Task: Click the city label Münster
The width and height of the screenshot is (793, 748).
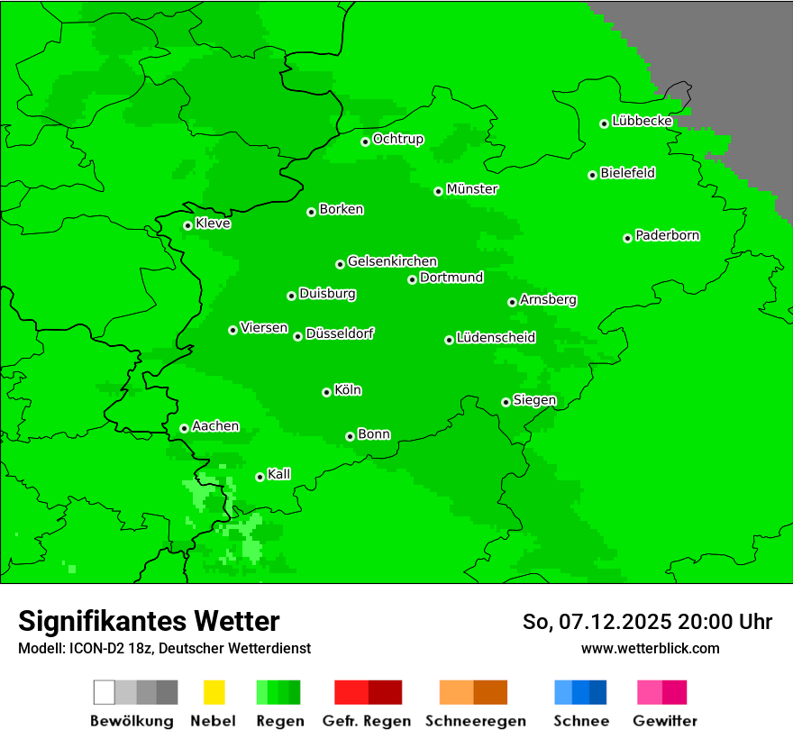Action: tap(472, 189)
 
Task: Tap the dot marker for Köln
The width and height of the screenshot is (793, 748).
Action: tap(326, 392)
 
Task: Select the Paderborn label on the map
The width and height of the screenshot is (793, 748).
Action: tap(668, 235)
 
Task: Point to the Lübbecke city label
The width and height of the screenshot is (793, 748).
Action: tap(643, 121)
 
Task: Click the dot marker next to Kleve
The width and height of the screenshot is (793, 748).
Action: tap(187, 225)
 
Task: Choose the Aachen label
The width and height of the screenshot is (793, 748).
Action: tap(215, 426)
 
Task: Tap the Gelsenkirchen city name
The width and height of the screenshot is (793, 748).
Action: tap(392, 261)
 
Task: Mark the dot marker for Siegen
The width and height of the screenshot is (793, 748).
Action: tap(506, 402)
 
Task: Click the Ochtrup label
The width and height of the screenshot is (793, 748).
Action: tap(398, 139)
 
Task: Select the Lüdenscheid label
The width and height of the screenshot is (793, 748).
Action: tap(496, 338)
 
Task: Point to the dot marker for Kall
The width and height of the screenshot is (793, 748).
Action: tap(260, 477)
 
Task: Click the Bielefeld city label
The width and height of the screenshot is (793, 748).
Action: tap(628, 173)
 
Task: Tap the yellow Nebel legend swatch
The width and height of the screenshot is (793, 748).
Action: tap(214, 692)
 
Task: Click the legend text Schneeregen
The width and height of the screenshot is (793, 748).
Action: tap(475, 721)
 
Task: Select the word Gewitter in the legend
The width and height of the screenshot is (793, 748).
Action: tap(665, 721)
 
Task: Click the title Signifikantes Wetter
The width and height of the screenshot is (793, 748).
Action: tap(149, 621)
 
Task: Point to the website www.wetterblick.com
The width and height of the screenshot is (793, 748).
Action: tap(650, 648)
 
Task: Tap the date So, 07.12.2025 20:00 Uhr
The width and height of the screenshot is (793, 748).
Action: tap(647, 622)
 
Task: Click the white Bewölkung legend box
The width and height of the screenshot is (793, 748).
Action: tap(105, 692)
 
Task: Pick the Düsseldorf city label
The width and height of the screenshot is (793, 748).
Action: tap(340, 333)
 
